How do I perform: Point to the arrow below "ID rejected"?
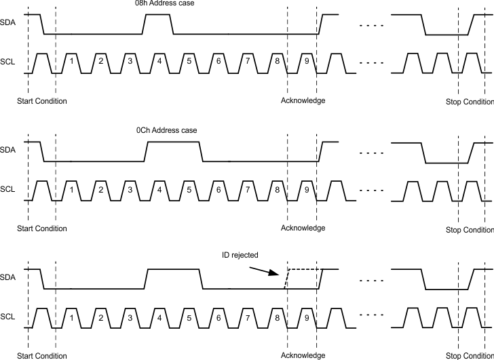pyautogui.click(x=265, y=270)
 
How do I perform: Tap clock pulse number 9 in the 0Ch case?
pyautogui.click(x=307, y=190)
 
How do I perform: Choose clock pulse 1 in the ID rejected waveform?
pyautogui.click(x=71, y=317)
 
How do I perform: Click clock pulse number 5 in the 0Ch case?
pyautogui.click(x=189, y=190)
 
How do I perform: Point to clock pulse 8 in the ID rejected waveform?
pyautogui.click(x=278, y=317)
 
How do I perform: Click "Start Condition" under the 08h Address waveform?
pyautogui.click(x=41, y=101)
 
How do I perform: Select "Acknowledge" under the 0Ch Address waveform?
pyautogui.click(x=303, y=228)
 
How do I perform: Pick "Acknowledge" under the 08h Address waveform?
pyautogui.click(x=303, y=101)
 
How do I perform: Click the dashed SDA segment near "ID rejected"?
pyautogui.click(x=302, y=270)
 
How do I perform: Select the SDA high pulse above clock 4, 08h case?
pyautogui.click(x=158, y=15)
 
